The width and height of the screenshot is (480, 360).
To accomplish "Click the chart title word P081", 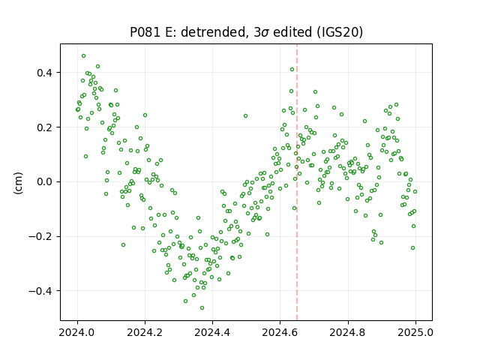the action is pos(145,32).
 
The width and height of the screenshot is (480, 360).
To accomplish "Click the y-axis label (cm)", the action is pos(18,183).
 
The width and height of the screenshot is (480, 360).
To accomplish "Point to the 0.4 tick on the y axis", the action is pos(45,73).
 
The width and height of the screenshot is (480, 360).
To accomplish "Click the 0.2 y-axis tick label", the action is pos(45,127).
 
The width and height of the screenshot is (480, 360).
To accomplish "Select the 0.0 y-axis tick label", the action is pos(45,181).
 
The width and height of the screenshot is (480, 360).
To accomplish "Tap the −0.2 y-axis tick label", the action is pos(41,236).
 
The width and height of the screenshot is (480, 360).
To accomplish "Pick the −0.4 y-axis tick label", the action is pos(41,291).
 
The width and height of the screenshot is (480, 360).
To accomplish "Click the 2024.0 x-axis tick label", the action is pos(77,332).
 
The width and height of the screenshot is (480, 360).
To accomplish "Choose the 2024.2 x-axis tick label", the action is pos(145,332).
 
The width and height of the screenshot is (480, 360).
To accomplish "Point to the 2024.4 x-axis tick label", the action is pos(212,332).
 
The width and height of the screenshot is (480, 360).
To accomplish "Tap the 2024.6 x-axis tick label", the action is pos(280,332).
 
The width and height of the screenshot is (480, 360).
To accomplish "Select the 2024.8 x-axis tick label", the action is pos(348,332).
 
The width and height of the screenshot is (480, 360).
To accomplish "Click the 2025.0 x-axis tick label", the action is pos(415,332).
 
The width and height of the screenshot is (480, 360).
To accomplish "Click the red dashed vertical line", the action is pos(297,182).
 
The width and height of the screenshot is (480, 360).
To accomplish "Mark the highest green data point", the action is pos(83,56).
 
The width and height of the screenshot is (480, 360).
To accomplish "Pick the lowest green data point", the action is pos(202,308).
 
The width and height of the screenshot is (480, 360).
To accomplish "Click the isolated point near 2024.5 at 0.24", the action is pos(245,116).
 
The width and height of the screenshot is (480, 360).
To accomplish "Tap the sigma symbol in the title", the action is pos(265,33).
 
